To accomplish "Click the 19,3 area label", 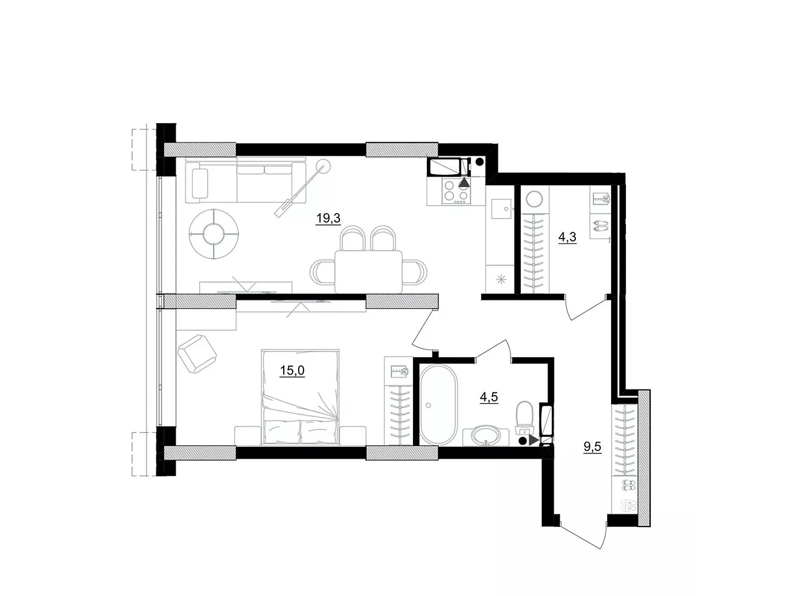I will tap(327, 218).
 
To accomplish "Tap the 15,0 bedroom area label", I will tap(292, 371).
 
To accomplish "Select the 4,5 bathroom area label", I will tap(488, 397).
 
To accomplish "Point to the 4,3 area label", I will tap(567, 237).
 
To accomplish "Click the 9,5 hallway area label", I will tap(592, 447).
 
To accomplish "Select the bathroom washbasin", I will tap(486, 437).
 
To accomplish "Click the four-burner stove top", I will tap(456, 192).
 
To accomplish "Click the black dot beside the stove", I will tap(479, 161).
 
